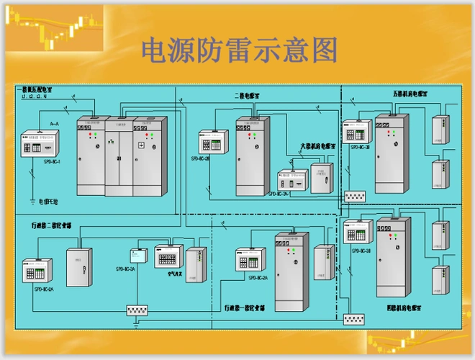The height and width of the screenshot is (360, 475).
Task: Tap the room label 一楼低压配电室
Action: (38, 89)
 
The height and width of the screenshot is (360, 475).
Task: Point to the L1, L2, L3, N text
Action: (35, 96)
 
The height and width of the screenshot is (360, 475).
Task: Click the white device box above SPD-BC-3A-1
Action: (291, 179)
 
